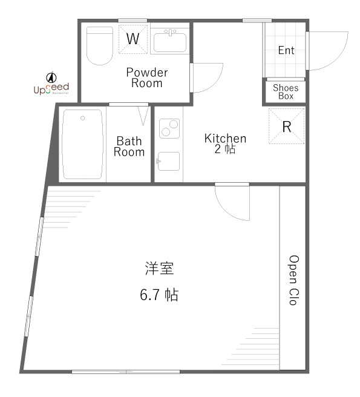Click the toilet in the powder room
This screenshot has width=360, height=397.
pyautogui.click(x=100, y=45)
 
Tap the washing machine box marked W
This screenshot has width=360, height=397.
pyautogui.click(x=133, y=39)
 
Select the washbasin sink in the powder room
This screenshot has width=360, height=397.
pyautogui.click(x=171, y=42)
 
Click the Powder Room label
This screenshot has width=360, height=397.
pyautogui.click(x=147, y=78)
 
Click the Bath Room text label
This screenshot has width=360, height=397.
pyautogui.click(x=129, y=146)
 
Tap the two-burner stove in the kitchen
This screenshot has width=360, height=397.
pyautogui.click(x=169, y=128)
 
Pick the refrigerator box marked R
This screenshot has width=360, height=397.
pyautogui.click(x=287, y=126)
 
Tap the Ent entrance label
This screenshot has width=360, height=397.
pyautogui.click(x=286, y=51)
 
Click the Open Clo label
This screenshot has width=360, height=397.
pyautogui.click(x=293, y=279)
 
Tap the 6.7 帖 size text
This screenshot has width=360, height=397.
pyautogui.click(x=159, y=295)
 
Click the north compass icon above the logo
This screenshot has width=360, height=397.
pyautogui.click(x=51, y=77)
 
